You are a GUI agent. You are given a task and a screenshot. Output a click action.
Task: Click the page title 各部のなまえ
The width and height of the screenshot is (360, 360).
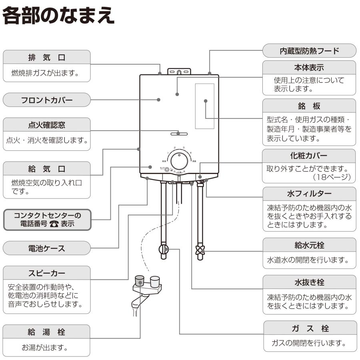[59, 17]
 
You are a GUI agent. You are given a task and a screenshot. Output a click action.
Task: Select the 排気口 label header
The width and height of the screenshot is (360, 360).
[47, 57]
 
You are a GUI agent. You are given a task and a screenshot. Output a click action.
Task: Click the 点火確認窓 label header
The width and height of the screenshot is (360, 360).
[47, 125]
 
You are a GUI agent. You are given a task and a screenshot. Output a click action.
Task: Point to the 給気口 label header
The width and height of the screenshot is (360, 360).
[47, 168]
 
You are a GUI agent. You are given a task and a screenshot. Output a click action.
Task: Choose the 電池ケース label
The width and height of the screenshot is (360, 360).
[47, 248]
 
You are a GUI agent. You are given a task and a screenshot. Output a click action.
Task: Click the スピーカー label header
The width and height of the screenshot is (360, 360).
[47, 273]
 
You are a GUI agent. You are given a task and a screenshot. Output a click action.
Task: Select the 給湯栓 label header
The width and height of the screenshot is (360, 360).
[47, 332]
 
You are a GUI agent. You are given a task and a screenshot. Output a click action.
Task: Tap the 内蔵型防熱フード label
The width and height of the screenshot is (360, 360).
[309, 51]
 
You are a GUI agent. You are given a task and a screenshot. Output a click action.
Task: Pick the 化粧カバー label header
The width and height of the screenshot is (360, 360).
[309, 156]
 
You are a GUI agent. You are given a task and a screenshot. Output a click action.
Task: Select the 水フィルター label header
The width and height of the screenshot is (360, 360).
[309, 194]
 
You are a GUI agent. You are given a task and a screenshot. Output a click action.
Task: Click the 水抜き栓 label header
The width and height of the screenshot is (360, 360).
[309, 282]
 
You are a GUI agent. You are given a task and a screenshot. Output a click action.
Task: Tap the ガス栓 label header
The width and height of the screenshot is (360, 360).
[309, 328]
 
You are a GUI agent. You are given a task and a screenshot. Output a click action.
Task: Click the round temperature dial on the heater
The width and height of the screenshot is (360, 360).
[179, 162]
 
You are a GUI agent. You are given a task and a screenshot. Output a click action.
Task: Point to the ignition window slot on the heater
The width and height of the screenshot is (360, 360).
[179, 133]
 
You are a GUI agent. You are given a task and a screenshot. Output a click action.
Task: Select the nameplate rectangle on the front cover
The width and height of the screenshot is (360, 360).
[204, 106]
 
